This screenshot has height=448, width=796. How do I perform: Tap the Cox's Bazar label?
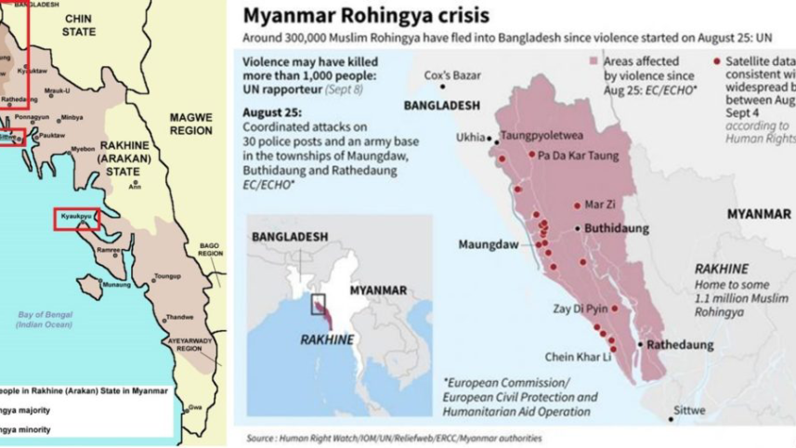click(450, 74)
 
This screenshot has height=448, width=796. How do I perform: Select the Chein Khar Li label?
click(578, 356)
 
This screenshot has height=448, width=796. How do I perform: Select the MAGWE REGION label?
click(191, 124)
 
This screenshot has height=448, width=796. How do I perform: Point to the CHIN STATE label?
click(79, 25)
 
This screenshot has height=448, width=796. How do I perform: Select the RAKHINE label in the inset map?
click(326, 339)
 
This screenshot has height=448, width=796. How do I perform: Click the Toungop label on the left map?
click(167, 276)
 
